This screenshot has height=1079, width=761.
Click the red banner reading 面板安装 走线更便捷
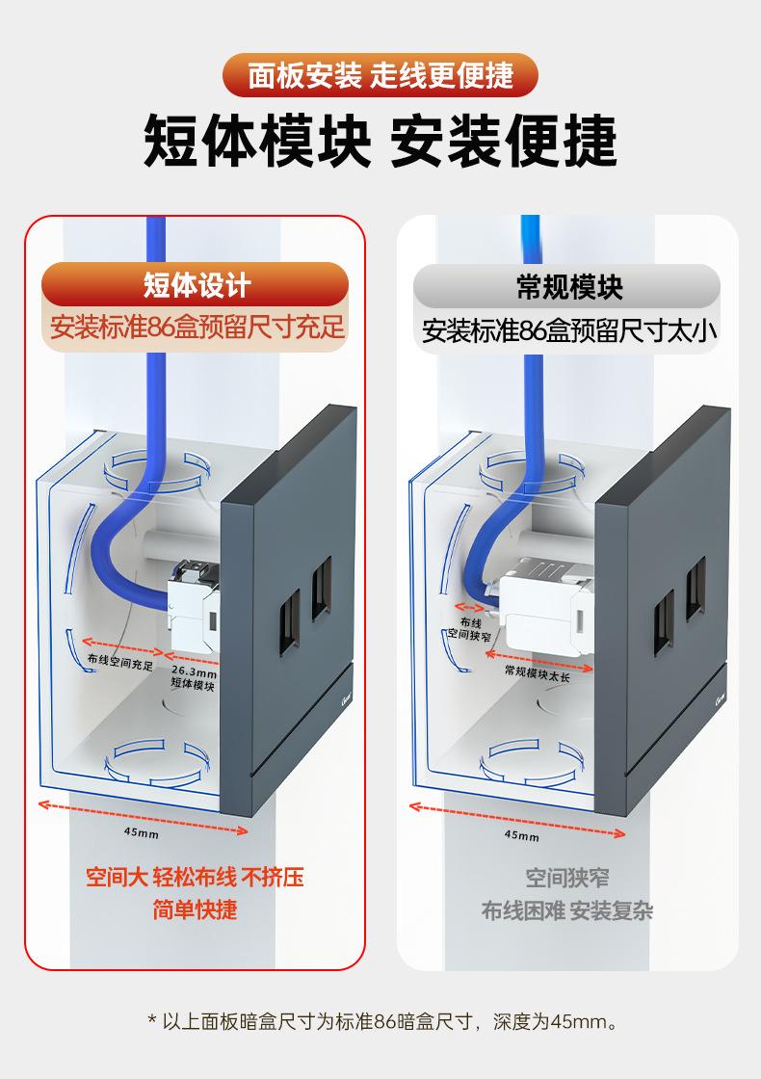(380, 74)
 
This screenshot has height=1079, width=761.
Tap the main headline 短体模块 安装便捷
(380, 142)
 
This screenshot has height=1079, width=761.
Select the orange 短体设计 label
(196, 285)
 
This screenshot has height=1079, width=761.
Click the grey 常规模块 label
(568, 286)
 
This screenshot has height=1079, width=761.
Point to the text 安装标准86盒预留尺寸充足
(197, 328)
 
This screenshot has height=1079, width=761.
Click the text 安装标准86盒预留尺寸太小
(569, 331)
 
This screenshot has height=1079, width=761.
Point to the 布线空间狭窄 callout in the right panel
(470, 630)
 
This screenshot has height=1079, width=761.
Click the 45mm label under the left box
(142, 832)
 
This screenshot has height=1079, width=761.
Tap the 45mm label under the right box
(522, 835)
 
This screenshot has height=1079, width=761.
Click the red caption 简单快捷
(195, 909)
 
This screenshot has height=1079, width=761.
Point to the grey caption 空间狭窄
(567, 878)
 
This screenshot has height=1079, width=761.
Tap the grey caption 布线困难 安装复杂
(567, 910)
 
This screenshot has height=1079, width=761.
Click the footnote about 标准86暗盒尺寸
(380, 1021)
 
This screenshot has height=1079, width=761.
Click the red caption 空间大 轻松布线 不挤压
(195, 878)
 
